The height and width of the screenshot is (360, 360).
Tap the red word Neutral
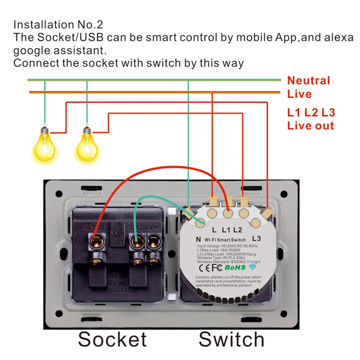[x=309, y=81]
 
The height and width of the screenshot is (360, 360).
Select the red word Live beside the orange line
[x=299, y=94]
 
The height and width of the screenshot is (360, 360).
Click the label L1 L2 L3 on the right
[x=311, y=113]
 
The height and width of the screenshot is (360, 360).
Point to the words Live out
[x=311, y=126]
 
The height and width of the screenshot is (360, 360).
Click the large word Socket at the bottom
[x=112, y=339]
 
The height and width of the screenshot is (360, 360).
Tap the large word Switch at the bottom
[x=231, y=339]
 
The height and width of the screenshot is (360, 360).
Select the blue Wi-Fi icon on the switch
[x=253, y=267]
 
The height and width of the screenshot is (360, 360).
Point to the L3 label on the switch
[x=256, y=238]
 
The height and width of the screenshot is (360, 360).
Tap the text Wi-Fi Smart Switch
[x=225, y=239]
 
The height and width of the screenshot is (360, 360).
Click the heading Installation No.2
[x=58, y=25]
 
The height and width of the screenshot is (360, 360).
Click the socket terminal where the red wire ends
[x=96, y=240]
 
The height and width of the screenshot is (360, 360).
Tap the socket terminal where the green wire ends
[x=136, y=240]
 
